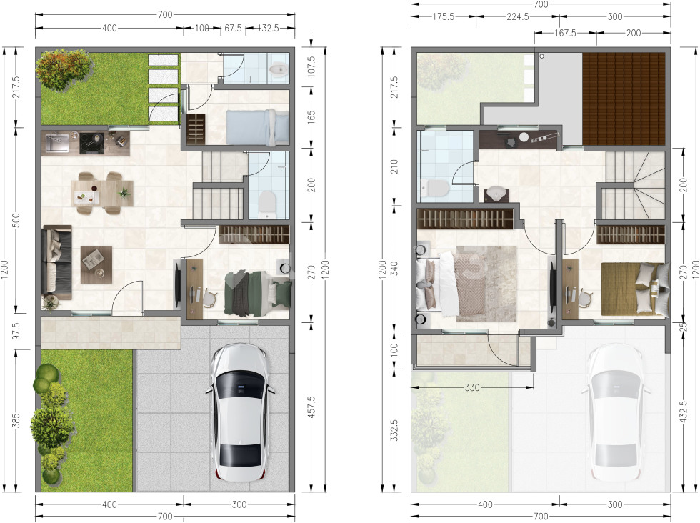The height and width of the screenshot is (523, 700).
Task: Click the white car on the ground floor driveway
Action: point(240,412)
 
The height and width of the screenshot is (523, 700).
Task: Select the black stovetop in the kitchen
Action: point(92,144)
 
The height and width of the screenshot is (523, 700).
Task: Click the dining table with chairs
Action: point(103,192)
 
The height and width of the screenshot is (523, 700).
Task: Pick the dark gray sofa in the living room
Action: point(56,262)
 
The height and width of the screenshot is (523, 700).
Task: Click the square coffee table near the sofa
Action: point(96,264)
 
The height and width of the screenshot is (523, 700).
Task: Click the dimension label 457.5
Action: point(311,407)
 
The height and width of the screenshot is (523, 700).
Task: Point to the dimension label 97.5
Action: point(16,331)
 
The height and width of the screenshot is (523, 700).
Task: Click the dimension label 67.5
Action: point(233,28)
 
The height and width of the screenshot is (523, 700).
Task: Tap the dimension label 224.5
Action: point(518,16)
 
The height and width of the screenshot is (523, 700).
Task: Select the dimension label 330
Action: point(472,387)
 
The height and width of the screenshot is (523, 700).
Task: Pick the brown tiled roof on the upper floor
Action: point(624,99)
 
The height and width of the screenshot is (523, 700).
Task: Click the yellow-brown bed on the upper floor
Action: point(635,289)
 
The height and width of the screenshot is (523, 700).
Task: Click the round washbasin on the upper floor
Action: point(496,194)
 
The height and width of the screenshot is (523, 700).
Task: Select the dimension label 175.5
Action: point(444,16)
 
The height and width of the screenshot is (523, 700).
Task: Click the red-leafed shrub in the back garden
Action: point(64,69)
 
